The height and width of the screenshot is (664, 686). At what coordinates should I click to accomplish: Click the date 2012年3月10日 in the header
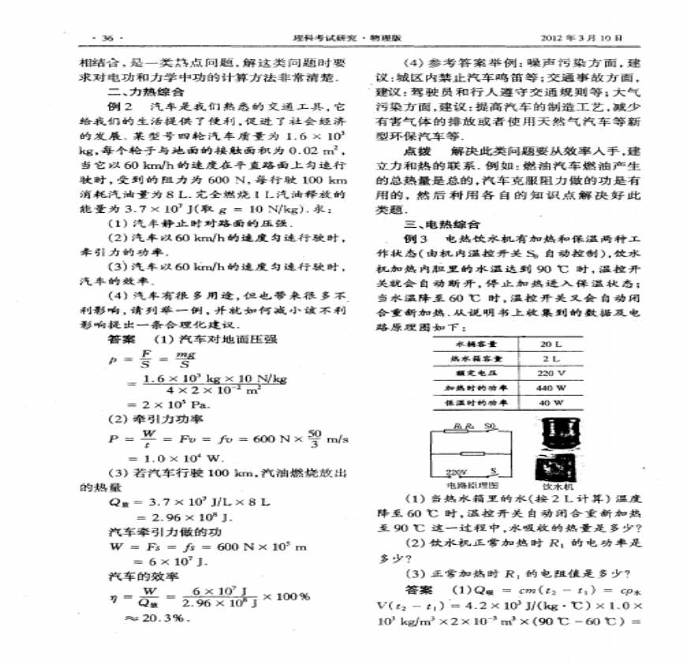pyautogui.click(x=583, y=38)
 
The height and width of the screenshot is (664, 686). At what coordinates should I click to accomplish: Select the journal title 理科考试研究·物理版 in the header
pyautogui.click(x=344, y=38)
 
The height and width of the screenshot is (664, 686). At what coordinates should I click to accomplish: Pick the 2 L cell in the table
pyautogui.click(x=550, y=359)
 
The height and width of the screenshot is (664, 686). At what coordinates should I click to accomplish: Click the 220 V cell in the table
pyautogui.click(x=550, y=373)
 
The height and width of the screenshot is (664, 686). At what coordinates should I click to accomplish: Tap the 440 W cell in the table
pyautogui.click(x=550, y=387)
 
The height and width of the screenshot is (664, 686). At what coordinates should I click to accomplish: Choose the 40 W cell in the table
pyautogui.click(x=550, y=402)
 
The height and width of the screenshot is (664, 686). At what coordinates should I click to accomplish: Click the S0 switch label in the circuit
pyautogui.click(x=490, y=427)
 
